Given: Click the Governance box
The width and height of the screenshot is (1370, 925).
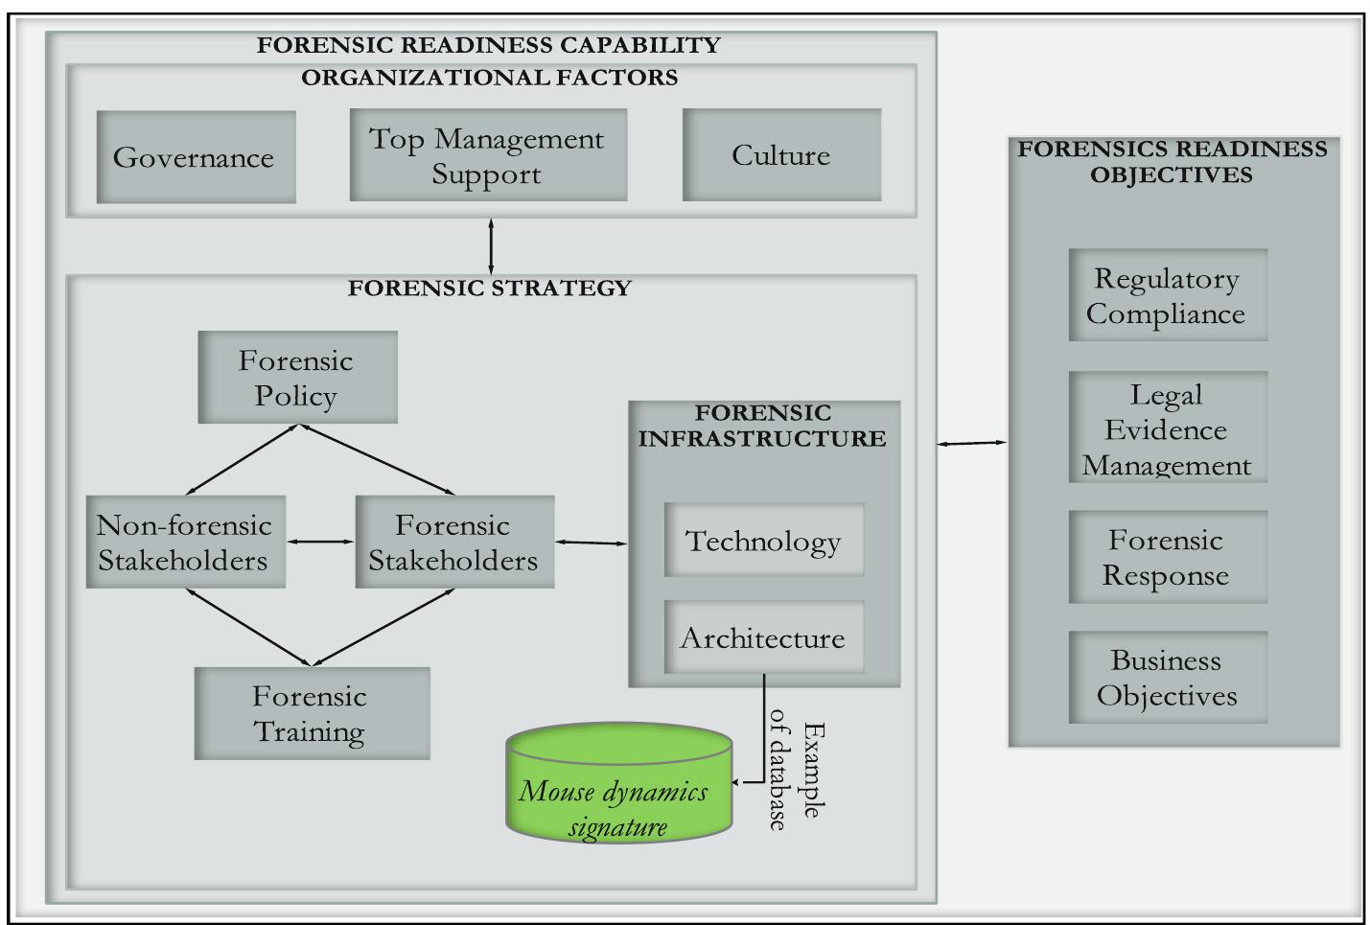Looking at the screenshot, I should click(196, 157).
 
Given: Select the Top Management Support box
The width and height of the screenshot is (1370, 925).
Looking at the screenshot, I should click(488, 155).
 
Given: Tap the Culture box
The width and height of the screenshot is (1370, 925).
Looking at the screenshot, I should click(781, 155).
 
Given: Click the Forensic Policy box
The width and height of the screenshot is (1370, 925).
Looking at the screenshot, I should click(297, 378).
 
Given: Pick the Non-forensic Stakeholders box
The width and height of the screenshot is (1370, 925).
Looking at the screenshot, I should click(185, 543).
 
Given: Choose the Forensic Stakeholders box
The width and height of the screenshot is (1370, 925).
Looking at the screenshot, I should click(454, 543).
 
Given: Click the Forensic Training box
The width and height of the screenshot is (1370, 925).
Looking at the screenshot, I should click(312, 714).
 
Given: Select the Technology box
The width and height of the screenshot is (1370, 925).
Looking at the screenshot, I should click(764, 541).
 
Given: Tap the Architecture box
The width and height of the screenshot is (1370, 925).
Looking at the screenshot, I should click(764, 637).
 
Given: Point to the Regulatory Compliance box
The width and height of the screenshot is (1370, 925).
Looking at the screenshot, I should click(1168, 295).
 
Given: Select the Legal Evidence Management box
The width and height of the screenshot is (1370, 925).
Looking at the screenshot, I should click(1168, 428).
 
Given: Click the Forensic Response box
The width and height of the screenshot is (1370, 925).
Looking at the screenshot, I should click(1168, 557).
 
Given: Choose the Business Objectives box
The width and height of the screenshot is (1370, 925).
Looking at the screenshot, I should click(1168, 678).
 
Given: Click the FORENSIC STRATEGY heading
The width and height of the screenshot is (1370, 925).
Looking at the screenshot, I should click(490, 289).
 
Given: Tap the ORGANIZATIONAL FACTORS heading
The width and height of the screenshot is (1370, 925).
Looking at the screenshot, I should click(490, 78).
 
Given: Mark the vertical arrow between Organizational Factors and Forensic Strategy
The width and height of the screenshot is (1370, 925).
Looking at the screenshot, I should click(492, 246).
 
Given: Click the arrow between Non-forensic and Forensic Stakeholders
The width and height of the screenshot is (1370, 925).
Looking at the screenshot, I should click(320, 543).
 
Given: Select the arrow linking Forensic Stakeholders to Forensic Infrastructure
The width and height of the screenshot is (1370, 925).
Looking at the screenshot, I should click(592, 543).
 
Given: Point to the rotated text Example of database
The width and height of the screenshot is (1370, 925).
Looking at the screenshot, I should click(795, 776).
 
